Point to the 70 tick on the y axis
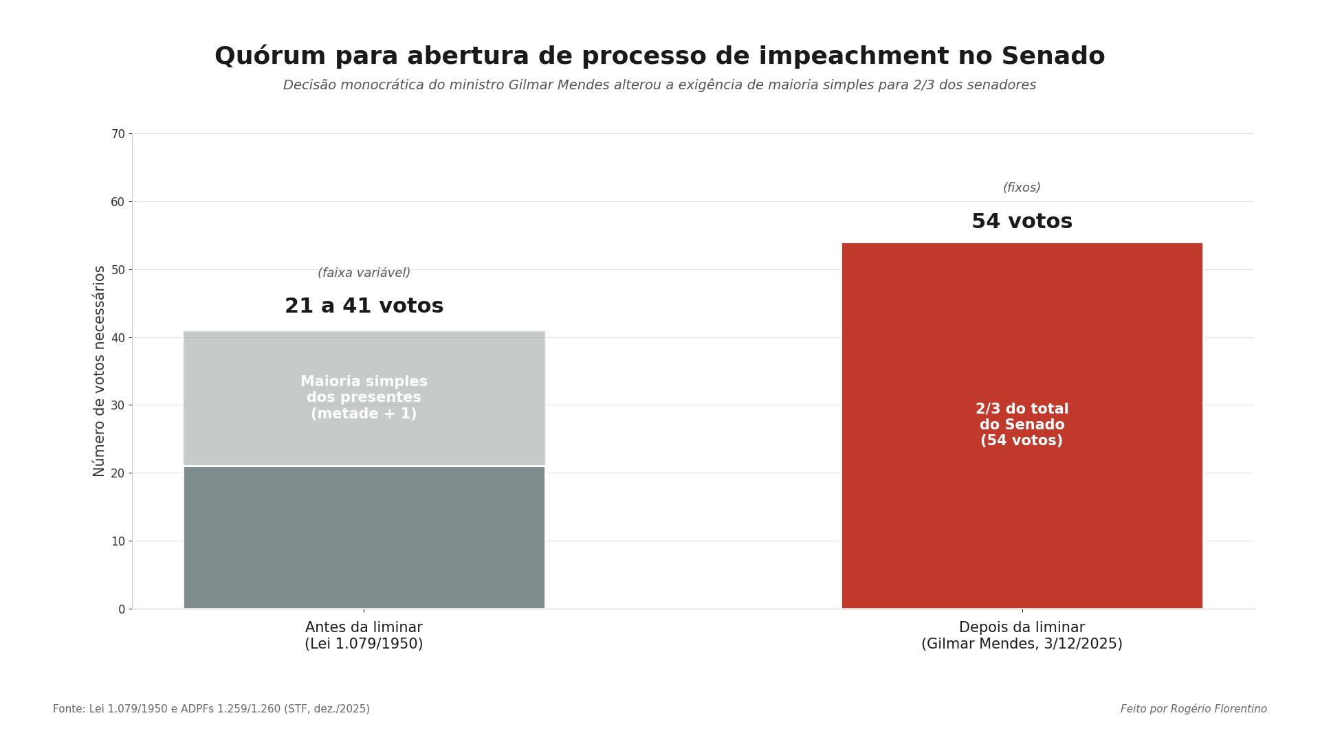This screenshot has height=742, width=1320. coord(118,134)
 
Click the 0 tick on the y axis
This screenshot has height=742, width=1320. coord(122,609)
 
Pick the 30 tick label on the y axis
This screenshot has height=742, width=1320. coord(118,405)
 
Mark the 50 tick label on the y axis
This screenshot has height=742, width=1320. coord(118,270)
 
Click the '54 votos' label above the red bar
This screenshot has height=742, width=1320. coord(1022,222)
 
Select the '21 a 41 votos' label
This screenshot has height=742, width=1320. coord(364,306)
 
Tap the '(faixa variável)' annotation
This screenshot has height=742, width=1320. coord(364,273)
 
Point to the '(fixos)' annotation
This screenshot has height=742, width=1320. coord(1022,188)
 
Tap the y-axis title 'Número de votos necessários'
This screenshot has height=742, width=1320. coord(100,371)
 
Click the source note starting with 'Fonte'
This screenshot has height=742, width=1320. coord(211,709)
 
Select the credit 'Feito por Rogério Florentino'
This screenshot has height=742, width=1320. coord(1193,709)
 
